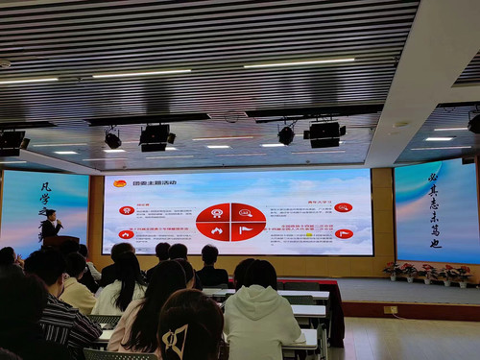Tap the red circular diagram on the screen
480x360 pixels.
(230, 221)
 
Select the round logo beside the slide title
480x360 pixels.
(120, 182)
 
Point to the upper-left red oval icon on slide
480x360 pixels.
(126, 209)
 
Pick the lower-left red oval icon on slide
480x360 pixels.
(126, 234)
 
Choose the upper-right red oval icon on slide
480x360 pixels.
(343, 207)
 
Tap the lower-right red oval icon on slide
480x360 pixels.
(343, 233)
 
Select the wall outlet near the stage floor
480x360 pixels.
(390, 309)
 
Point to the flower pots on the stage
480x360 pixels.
(427, 273)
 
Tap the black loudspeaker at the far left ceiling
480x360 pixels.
(12, 143)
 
